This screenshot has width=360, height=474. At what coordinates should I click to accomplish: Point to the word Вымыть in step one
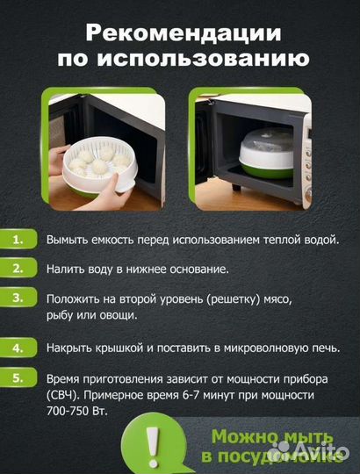[68, 240]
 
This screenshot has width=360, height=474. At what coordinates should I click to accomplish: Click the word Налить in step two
[67, 269]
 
